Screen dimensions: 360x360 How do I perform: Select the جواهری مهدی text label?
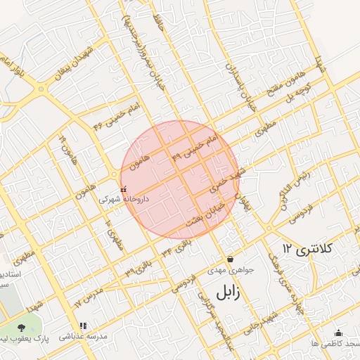coord(230,270)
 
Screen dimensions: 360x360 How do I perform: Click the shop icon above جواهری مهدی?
coord(230,259)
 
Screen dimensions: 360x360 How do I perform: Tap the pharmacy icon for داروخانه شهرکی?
coord(124,190)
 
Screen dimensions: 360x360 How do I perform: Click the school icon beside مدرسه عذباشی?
coord(83,326)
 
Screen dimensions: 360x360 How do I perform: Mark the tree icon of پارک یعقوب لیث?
coord(22,328)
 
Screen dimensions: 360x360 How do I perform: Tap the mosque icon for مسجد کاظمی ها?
coord(338,333)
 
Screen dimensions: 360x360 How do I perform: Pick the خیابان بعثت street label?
coord(204,213)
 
